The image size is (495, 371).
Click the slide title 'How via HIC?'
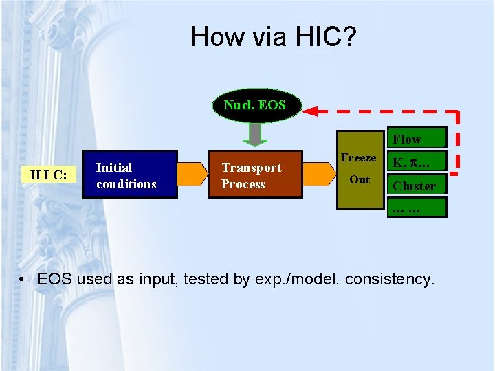click(x=274, y=36)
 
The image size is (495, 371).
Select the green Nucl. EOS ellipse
click(x=254, y=106)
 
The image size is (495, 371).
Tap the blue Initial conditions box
click(x=130, y=175)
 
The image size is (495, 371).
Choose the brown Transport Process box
click(x=254, y=175)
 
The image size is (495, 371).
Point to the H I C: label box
click(x=48, y=175)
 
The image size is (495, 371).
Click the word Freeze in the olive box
click(x=358, y=158)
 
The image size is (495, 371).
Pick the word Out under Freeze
click(x=360, y=180)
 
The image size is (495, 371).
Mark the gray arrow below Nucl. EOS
click(x=255, y=135)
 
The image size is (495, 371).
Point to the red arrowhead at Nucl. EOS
click(x=313, y=111)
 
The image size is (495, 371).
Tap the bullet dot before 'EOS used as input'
click(x=23, y=280)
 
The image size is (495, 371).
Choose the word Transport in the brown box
click(x=251, y=168)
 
